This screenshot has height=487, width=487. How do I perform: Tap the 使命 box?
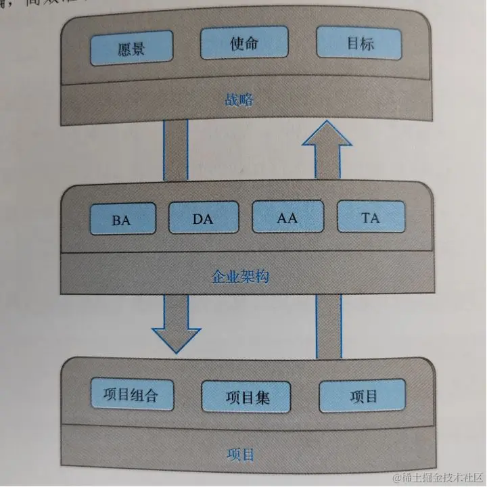(x=240, y=45)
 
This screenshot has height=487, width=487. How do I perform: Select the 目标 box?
(x=359, y=44)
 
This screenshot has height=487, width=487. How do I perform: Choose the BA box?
(x=122, y=218)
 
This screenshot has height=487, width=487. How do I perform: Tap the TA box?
(x=371, y=217)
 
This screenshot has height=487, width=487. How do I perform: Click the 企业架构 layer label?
(x=241, y=275)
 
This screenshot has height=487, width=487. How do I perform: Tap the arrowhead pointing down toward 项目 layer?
(x=177, y=338)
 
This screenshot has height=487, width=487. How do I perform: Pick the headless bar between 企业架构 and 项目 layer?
(x=329, y=325)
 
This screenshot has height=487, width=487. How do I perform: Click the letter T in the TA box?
(x=365, y=218)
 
